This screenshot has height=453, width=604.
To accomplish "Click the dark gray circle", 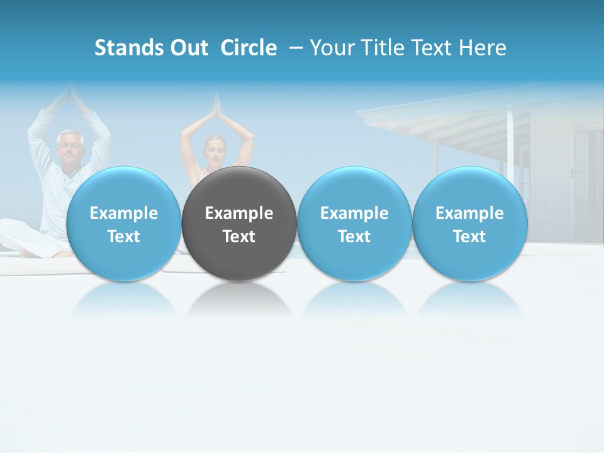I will (239, 224).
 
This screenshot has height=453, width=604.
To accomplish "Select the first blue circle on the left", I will (123, 224).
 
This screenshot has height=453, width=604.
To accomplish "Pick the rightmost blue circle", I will (469, 224).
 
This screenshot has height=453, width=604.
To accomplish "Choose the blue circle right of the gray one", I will (354, 224).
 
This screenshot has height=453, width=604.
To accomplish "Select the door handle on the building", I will (571, 172).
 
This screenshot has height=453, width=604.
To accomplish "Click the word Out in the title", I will (189, 48).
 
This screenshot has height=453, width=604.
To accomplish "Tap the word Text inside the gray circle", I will (239, 237).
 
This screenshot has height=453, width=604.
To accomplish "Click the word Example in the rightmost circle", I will (469, 213).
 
